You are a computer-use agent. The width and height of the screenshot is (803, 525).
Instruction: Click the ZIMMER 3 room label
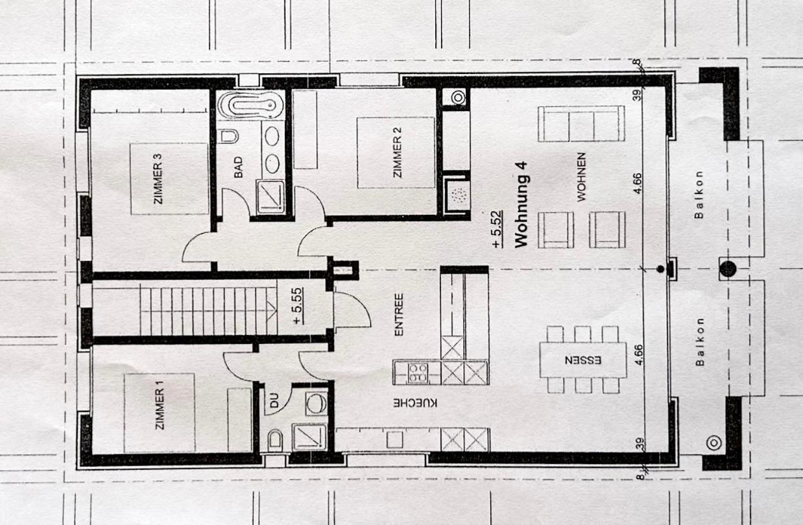[x=158, y=179]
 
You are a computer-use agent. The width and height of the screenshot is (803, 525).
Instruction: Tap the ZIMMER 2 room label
[x=398, y=153]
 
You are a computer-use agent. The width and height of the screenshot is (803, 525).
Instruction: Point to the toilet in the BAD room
[x=230, y=137]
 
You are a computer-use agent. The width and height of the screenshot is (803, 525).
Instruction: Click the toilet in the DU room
[x=275, y=438]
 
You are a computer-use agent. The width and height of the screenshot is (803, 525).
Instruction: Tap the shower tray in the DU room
[x=309, y=437]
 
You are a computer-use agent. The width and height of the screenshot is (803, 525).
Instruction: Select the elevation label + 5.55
[x=298, y=306]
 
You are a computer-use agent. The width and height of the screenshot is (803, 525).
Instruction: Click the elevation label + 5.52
[x=497, y=229]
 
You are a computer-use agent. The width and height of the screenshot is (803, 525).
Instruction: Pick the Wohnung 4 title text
[x=521, y=204]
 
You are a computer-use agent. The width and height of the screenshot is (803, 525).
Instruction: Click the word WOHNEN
[x=581, y=177]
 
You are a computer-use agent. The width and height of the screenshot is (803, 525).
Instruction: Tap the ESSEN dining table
[x=583, y=360]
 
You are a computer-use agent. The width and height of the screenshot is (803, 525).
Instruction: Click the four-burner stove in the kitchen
[x=418, y=373]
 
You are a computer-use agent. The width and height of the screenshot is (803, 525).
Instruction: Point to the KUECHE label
[x=415, y=403]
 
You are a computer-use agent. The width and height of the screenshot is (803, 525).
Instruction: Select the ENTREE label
[x=399, y=315]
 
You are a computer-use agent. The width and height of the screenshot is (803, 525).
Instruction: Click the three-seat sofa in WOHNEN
[x=581, y=123]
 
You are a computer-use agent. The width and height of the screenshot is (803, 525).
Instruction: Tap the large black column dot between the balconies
[x=727, y=269]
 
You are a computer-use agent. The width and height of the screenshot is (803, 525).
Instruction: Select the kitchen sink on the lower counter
[x=394, y=439]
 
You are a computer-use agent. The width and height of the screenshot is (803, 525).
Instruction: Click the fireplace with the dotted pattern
[x=457, y=195]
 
